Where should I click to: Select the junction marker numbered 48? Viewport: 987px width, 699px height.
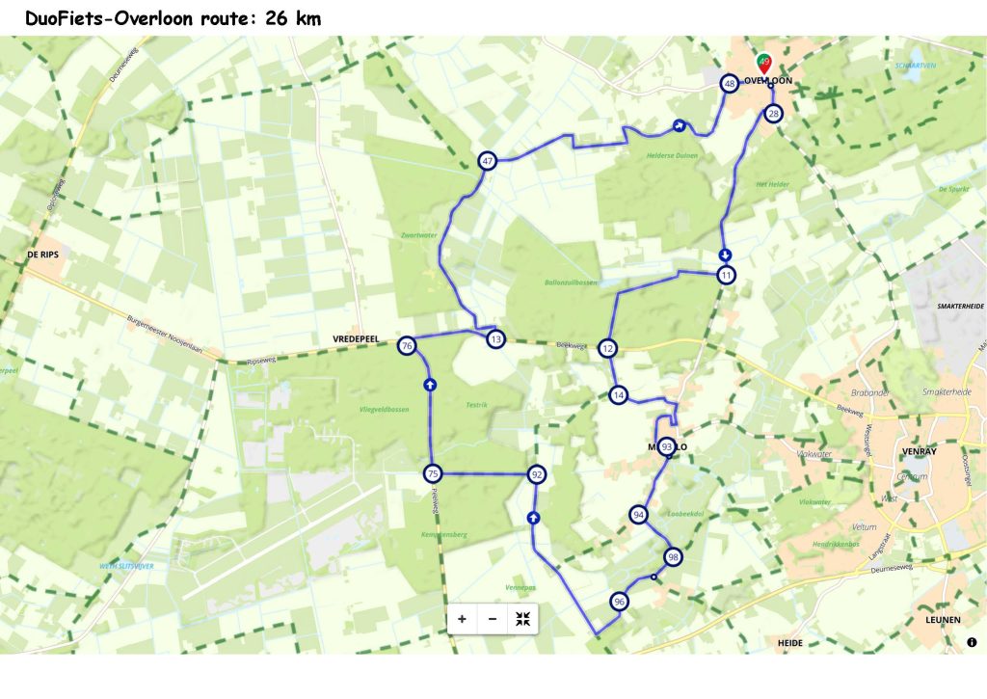click(x=730, y=85)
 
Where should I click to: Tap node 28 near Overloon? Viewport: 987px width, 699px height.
click(x=773, y=115)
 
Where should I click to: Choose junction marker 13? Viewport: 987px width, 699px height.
click(x=495, y=339)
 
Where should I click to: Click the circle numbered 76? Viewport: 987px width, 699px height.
click(x=407, y=346)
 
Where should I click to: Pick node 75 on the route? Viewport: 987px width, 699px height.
click(x=433, y=473)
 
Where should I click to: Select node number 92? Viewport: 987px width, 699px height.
click(x=537, y=474)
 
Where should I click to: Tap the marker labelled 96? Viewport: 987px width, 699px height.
click(x=619, y=602)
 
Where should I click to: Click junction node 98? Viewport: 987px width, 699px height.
click(x=673, y=556)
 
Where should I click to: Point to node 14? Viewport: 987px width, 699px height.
click(x=618, y=394)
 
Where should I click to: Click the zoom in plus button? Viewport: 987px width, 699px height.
click(x=462, y=619)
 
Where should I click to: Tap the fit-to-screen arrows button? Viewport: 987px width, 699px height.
click(x=522, y=619)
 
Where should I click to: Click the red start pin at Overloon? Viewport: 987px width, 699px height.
click(x=764, y=63)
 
